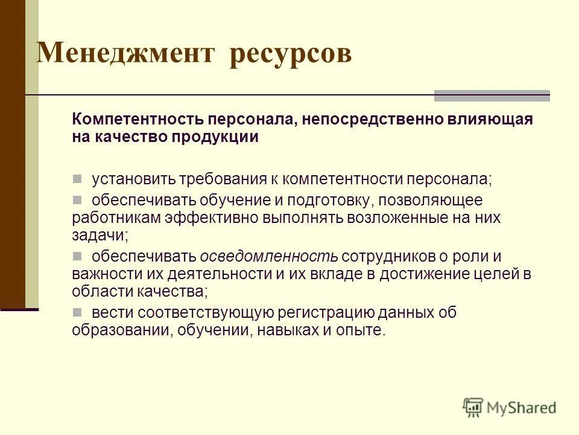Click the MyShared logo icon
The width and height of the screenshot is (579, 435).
tap(473, 408)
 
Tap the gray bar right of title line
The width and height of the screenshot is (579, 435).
tap(492, 95)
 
